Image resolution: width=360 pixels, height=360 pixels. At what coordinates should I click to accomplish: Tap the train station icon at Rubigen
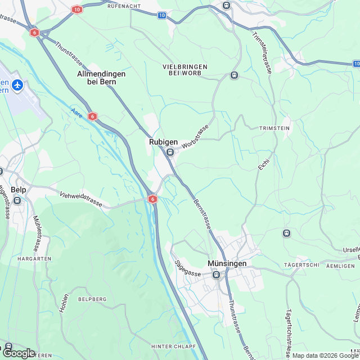(170, 152)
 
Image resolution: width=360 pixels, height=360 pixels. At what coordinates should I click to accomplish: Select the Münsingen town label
(227, 264)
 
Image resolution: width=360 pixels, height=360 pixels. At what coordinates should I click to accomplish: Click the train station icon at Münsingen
(217, 274)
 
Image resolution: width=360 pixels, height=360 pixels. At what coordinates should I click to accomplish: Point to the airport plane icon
(18, 85)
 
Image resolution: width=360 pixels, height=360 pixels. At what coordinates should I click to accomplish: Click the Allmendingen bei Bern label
(101, 78)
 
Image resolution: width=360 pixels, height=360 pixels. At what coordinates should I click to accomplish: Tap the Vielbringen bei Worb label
(185, 70)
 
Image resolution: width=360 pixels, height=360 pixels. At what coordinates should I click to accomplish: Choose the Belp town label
(19, 190)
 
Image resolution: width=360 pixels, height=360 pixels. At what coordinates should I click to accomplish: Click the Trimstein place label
(274, 128)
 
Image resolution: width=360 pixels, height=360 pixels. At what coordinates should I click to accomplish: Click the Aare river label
(76, 113)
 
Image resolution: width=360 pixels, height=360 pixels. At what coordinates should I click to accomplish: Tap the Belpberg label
(92, 299)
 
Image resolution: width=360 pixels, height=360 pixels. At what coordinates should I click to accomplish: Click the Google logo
(19, 353)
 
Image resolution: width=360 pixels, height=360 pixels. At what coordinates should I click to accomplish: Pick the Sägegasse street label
(187, 267)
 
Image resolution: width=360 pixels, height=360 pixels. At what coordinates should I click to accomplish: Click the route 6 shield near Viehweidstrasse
(152, 199)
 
